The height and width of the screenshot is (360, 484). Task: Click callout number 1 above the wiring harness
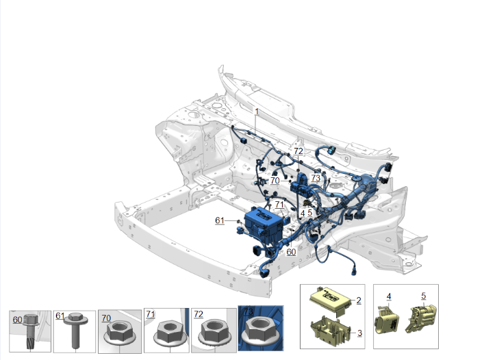[x=257, y=112]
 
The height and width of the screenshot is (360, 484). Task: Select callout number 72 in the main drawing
[x=298, y=151]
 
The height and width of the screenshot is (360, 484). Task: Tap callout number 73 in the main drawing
[x=316, y=178]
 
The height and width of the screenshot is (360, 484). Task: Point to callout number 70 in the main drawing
[x=275, y=181]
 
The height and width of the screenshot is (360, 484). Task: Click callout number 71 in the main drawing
[x=279, y=205]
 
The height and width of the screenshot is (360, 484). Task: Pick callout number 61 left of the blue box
[x=220, y=220]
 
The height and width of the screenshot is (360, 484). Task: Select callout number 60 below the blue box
[x=291, y=252]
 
